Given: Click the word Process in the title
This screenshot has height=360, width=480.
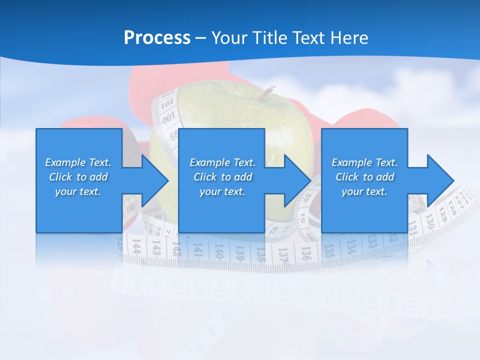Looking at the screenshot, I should click(x=157, y=38).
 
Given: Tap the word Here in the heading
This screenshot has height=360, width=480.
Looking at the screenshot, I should click(x=348, y=38).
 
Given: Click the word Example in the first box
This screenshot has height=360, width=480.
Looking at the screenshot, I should click(x=65, y=162).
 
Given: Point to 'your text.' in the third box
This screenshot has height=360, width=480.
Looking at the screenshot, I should click(x=364, y=191).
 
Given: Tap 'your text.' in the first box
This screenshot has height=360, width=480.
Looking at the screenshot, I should click(x=78, y=191).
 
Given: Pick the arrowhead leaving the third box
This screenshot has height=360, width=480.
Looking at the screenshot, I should click(x=439, y=180).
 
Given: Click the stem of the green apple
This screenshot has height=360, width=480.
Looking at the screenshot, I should click(x=265, y=93).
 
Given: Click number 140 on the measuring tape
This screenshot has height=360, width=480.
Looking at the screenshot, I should click(x=218, y=250).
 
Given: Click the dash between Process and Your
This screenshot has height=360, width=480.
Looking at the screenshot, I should click(x=201, y=38).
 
